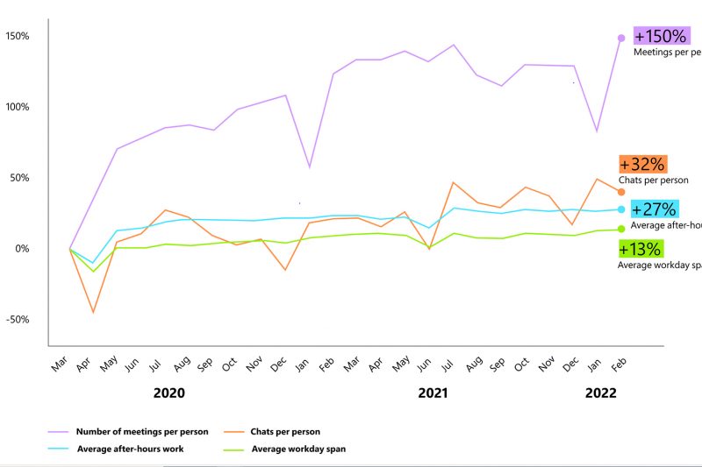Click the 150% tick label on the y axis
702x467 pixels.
coord(18,36)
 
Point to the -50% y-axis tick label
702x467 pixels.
coord(18,319)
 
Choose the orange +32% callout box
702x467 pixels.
coord(642,164)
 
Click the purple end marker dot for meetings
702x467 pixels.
coord(621,38)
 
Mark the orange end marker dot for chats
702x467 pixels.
coord(621,192)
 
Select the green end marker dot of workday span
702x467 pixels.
coord(621,230)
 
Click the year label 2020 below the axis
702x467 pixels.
coord(168,393)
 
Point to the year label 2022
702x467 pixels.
coord(601,393)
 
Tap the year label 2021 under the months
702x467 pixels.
coord(433,393)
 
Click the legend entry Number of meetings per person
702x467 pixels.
coord(141,431)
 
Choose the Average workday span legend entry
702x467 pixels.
coord(298,449)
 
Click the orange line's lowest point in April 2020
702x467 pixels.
coord(93,312)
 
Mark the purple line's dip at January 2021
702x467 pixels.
coord(309,166)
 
